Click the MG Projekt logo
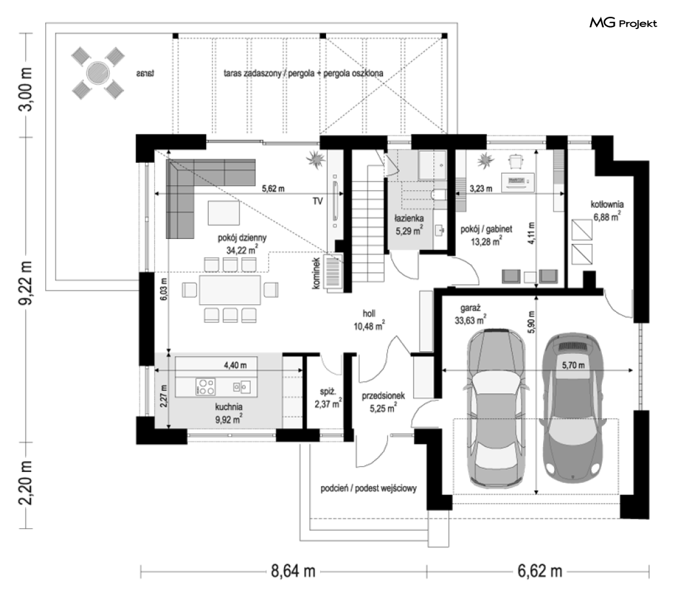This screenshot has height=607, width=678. point(623,23)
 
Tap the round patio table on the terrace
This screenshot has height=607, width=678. point(98,72)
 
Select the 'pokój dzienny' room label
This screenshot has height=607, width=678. point(242,238)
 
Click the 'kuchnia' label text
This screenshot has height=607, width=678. point(229,407)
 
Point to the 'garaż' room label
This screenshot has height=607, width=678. point(470,308)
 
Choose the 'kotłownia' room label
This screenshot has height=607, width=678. point(607,205)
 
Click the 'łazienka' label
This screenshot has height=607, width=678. point(409,219)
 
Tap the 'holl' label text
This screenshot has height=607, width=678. point(369,313)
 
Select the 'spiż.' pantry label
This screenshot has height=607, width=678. point(328,392)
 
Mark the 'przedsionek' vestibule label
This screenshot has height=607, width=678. point(383,396)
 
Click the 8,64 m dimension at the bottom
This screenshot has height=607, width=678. point(293,571)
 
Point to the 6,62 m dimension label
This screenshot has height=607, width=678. point(540,571)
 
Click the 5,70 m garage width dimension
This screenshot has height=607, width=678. point(573,365)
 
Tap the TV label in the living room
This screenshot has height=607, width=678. point(318,201)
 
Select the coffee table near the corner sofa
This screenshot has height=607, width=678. point(223,212)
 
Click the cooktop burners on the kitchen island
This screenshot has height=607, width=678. point(205,387)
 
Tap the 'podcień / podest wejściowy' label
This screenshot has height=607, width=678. point(369,489)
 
